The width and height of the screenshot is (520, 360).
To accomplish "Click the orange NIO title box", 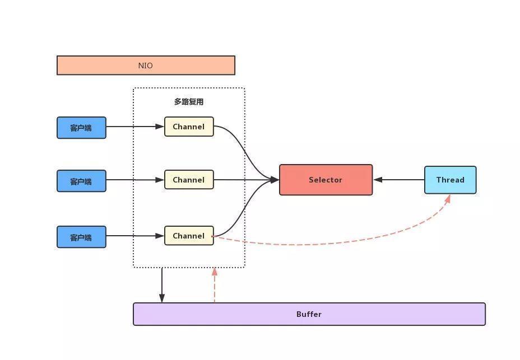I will (x=146, y=66).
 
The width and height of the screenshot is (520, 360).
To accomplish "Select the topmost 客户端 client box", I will (x=81, y=128).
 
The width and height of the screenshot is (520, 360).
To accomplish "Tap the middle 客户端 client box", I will (x=81, y=181).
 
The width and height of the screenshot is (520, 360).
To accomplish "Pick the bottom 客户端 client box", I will (x=81, y=237).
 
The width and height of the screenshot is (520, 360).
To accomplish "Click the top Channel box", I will (x=189, y=127).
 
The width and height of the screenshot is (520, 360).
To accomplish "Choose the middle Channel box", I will (x=189, y=180).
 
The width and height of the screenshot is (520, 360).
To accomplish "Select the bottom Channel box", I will (x=189, y=236).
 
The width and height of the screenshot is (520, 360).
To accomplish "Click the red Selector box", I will (x=326, y=180).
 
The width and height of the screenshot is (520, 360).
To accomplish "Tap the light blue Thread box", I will (x=450, y=180).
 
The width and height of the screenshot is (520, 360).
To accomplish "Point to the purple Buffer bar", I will (x=309, y=314).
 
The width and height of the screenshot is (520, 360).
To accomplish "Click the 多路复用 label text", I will (x=188, y=102).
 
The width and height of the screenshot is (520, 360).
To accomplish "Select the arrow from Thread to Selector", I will (x=399, y=180).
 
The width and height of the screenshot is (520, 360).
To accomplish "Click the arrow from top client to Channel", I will (x=134, y=127).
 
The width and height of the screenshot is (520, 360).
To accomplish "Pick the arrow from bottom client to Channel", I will (x=134, y=236).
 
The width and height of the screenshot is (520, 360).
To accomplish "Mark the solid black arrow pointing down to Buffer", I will (x=162, y=286).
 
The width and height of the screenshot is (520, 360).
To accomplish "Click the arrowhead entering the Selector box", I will (x=275, y=180).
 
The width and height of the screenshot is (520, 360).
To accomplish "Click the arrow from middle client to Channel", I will (x=134, y=180).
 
